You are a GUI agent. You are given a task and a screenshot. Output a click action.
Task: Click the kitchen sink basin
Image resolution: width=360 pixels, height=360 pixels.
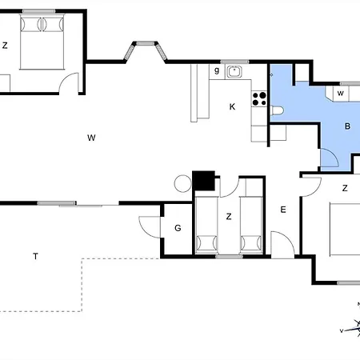point(234,71)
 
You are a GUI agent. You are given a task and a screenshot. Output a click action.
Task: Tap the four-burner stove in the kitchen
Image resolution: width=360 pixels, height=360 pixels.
point(259,99)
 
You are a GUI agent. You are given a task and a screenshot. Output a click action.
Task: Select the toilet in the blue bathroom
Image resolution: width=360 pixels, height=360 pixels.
point(277,110)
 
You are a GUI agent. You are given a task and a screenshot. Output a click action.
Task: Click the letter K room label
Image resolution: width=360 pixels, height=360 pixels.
point(232,107)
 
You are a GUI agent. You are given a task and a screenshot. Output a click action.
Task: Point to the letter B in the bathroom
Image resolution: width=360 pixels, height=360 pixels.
point(347,126)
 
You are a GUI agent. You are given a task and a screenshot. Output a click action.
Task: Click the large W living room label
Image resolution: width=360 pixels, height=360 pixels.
point(91,138)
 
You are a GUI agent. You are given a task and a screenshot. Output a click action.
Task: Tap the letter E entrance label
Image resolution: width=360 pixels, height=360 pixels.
point(283,210)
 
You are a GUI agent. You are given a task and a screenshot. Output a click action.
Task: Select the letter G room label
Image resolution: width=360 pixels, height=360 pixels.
point(178,228)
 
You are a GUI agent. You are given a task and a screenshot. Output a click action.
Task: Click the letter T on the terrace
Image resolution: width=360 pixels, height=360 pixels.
point(35,256)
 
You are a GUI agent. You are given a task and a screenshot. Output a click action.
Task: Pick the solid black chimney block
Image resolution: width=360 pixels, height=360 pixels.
point(204,181)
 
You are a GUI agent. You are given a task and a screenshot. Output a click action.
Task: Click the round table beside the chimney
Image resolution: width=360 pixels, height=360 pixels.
point(182,183)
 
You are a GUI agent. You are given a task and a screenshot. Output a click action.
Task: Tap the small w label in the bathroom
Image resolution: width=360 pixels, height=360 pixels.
point(341,94)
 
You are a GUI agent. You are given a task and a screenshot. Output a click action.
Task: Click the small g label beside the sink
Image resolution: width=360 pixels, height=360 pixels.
point(217,70)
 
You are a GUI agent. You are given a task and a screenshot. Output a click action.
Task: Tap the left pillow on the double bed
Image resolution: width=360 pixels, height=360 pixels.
point(31,24)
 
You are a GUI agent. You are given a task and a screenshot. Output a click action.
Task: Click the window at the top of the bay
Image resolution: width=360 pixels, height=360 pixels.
point(146,43)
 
